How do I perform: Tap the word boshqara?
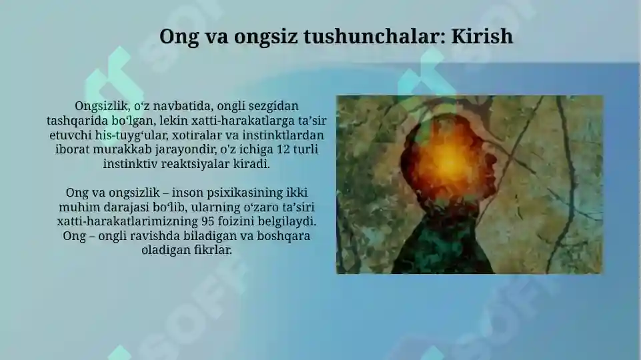tap(284, 235)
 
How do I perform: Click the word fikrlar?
tap(212, 250)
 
